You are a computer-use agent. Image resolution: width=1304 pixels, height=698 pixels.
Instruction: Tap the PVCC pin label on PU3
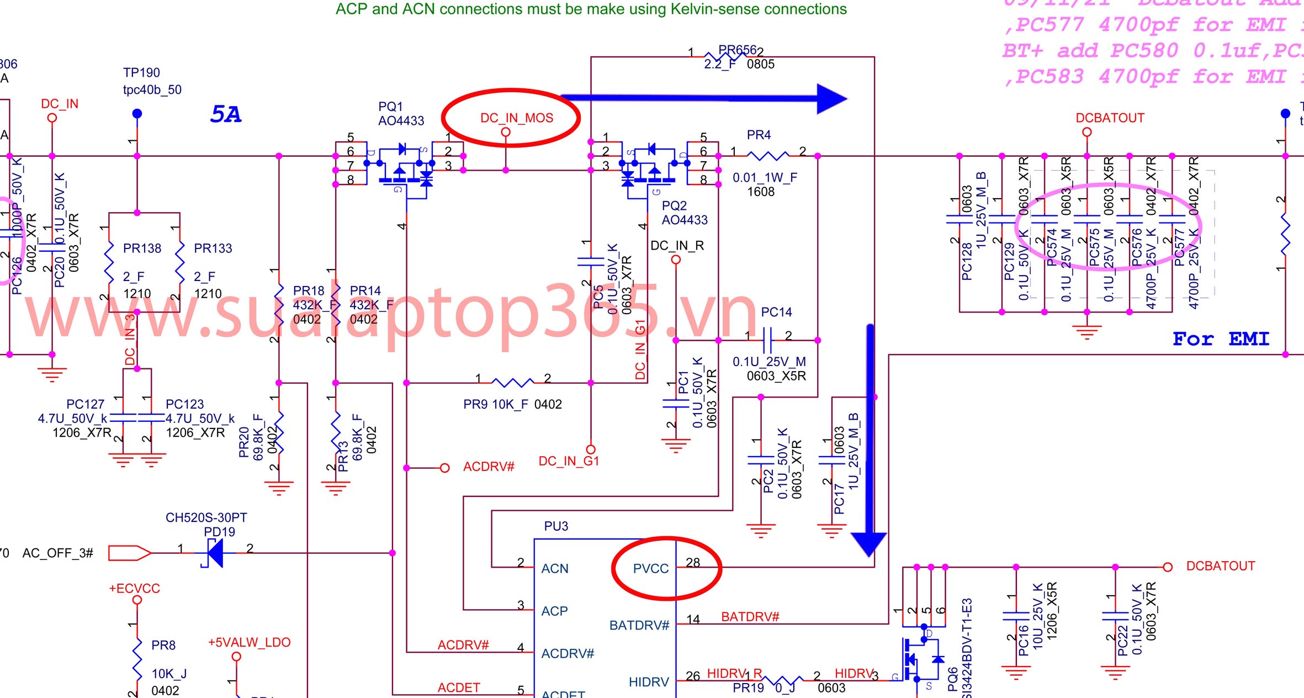point(650,569)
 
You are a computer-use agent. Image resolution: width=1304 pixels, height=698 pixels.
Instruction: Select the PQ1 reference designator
point(390,107)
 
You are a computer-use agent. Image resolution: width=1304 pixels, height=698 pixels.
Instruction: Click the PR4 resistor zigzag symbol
point(767,156)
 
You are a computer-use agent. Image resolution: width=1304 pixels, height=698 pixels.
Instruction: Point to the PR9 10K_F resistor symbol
point(512,382)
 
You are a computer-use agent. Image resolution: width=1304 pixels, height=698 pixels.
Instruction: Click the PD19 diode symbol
point(215,553)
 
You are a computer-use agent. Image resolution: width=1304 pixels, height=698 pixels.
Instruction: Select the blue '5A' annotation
point(226,114)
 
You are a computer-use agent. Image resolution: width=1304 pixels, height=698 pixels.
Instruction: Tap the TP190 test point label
point(141,73)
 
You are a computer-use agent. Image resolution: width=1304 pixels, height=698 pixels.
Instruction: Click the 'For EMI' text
point(1221,339)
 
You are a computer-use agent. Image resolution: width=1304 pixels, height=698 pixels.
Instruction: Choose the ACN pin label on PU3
point(555,569)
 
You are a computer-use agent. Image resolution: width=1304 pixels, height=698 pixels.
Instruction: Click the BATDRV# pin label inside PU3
point(639,626)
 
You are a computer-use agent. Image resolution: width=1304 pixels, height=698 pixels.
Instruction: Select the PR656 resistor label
point(737,50)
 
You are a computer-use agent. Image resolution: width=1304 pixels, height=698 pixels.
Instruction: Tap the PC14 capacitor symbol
point(767,340)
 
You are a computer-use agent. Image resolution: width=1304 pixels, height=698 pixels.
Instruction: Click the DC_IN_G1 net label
point(569,461)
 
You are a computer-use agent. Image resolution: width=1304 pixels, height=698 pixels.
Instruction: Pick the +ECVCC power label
point(134,589)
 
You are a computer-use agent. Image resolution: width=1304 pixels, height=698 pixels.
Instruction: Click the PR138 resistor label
point(142,248)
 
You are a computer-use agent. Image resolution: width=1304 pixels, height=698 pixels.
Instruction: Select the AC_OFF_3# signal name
point(58,553)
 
